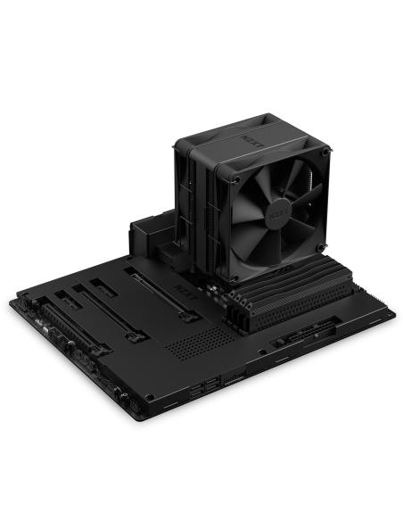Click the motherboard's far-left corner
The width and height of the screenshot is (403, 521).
click(x=11, y=303)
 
